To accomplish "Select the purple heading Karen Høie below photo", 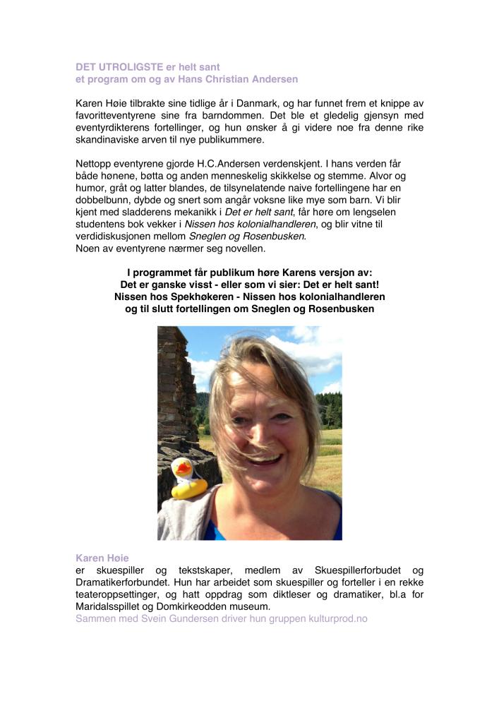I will [104, 558].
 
